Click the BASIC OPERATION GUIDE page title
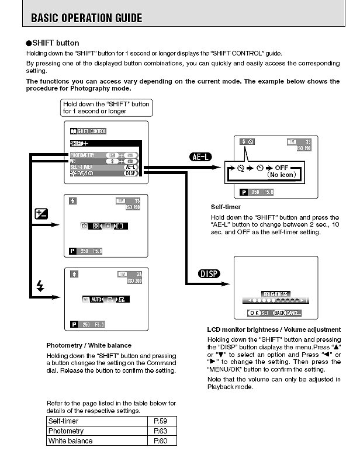(86, 18)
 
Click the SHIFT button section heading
(56, 43)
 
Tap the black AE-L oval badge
(203, 156)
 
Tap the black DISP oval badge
(210, 273)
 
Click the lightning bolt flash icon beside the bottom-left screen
(40, 286)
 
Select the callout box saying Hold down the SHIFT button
(106, 107)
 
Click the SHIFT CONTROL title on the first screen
(88, 131)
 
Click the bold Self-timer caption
(226, 207)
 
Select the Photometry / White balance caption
(89, 345)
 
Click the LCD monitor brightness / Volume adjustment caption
(267, 329)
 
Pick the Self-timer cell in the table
(63, 421)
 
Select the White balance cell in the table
(70, 440)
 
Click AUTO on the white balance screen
(96, 299)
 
